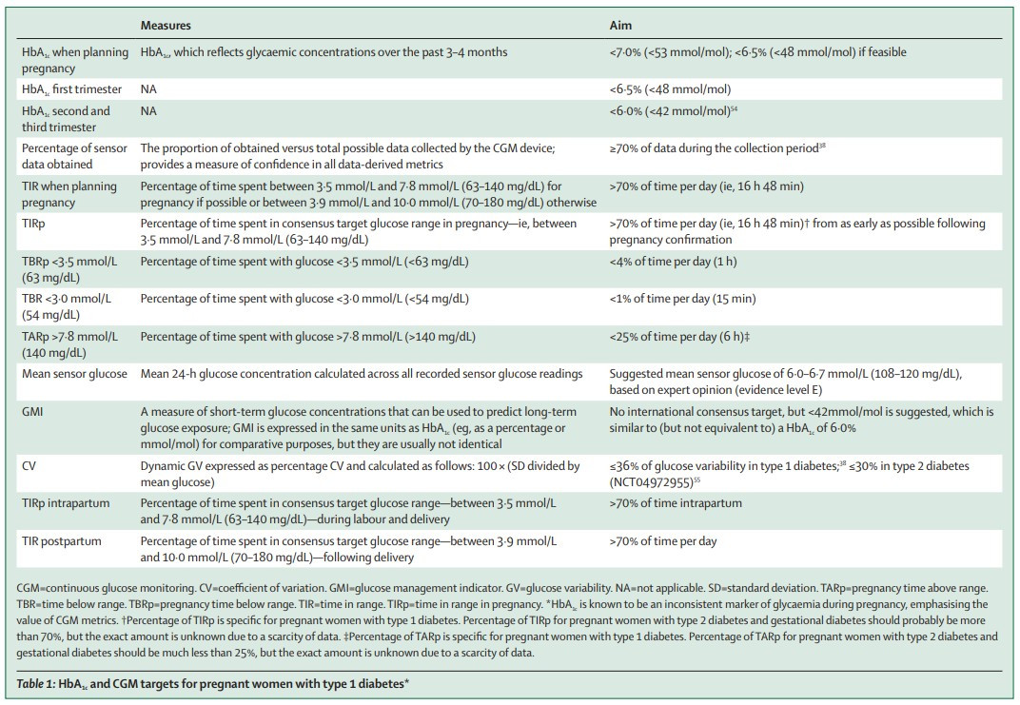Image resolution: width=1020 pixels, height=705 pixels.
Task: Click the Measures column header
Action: [166, 26]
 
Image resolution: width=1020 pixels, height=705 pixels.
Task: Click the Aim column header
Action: [620, 26]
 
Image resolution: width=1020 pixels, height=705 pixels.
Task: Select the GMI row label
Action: [32, 412]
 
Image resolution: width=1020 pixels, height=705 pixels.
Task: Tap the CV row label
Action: [29, 465]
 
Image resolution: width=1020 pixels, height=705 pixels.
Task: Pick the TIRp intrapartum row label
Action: [66, 503]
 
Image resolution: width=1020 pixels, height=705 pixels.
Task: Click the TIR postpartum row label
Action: [62, 541]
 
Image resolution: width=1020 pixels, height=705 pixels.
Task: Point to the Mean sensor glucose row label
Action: [74, 374]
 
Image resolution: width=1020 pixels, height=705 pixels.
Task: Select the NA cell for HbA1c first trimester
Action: [148, 89]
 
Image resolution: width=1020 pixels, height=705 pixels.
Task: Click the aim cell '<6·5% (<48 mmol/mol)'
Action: [670, 89]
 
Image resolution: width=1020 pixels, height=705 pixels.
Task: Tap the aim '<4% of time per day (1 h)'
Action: [674, 262]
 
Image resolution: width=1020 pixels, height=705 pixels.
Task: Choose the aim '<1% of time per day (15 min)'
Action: [682, 299]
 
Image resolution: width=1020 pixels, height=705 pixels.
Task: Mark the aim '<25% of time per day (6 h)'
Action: [679, 336]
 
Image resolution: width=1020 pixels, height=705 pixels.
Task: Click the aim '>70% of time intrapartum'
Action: [676, 503]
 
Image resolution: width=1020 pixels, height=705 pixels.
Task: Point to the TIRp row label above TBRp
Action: [33, 224]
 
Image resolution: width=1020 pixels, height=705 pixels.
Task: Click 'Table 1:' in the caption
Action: [36, 683]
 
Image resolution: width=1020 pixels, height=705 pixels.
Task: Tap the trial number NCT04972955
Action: [651, 482]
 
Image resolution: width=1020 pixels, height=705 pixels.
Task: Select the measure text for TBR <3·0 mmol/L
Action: [304, 299]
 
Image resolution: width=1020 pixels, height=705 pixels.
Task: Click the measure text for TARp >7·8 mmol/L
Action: [307, 336]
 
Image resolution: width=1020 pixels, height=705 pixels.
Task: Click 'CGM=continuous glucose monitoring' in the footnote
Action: [106, 588]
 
